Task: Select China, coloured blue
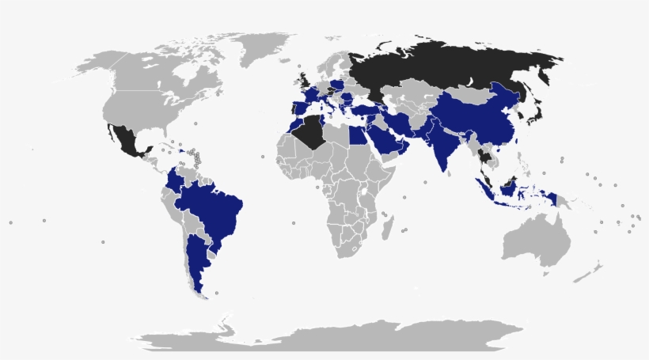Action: (475, 119)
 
